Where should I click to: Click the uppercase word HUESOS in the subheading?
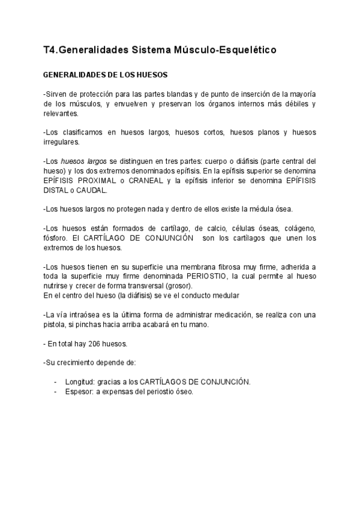(151, 76)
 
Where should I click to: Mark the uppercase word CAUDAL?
(91, 190)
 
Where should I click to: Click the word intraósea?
(81, 314)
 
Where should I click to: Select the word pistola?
(58, 324)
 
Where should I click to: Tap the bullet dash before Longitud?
(56, 382)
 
